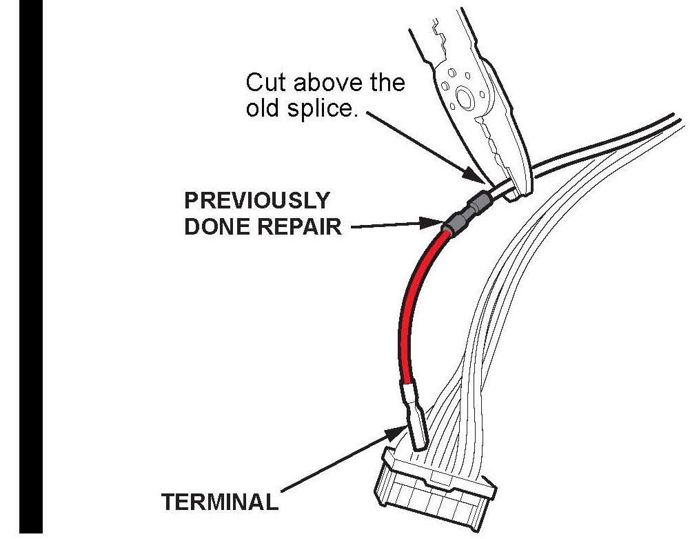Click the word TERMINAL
[x=219, y=502]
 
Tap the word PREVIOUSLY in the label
[x=256, y=201]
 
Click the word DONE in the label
[x=217, y=226]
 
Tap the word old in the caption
[x=264, y=109]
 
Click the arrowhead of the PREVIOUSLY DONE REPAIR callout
[x=434, y=223]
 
